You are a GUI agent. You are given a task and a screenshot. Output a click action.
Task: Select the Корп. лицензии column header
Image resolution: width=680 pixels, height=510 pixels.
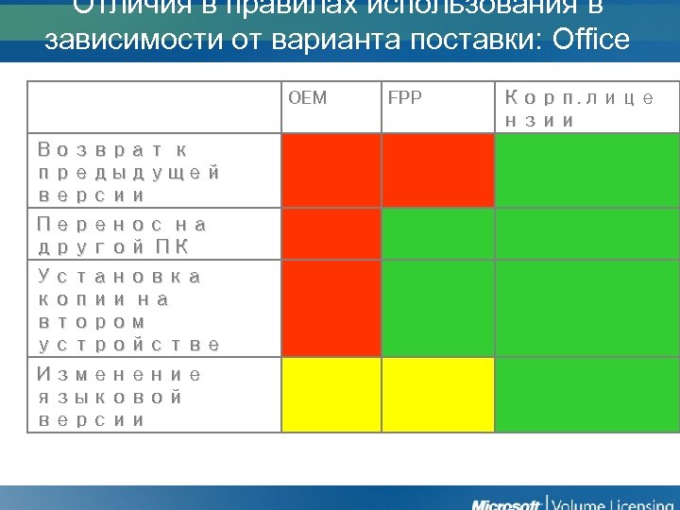(x=578, y=110)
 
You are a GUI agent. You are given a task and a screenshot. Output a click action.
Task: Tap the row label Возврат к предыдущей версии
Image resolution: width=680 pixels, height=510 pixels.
(x=129, y=173)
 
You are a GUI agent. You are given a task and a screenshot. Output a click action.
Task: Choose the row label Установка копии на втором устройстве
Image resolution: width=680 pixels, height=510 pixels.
(x=129, y=311)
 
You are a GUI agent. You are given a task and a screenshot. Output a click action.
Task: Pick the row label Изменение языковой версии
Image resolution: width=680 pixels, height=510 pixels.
(x=119, y=397)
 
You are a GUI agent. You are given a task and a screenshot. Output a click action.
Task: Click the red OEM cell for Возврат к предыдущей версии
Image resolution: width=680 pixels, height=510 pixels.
(x=331, y=171)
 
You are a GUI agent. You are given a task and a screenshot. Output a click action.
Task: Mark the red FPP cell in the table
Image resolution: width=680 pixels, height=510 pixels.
(x=437, y=171)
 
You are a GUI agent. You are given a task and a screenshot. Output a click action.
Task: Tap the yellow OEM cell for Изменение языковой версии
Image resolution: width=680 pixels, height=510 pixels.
(x=331, y=395)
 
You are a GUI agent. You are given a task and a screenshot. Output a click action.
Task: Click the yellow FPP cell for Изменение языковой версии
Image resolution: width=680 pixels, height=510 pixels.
(x=437, y=395)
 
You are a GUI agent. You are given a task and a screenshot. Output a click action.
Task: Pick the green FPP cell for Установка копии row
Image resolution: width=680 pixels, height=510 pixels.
(x=437, y=310)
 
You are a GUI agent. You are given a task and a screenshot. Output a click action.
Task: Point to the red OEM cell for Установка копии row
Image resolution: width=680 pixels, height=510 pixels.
(x=331, y=310)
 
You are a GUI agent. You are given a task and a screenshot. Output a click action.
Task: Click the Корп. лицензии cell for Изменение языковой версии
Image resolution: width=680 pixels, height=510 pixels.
(x=586, y=395)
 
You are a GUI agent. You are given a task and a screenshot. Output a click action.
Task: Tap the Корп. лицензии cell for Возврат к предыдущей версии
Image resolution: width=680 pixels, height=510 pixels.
(x=586, y=171)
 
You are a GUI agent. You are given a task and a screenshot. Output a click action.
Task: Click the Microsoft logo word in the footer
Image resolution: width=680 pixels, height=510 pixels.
(x=506, y=501)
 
